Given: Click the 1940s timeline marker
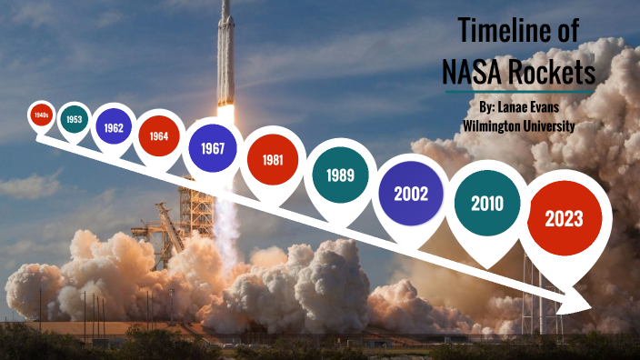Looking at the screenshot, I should tap(40, 115).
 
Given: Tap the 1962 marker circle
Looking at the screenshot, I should tap(114, 127).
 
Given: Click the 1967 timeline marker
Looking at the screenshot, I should tap(213, 147).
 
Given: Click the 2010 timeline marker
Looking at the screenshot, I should tap(486, 204).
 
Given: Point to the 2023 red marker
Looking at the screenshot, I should tap(563, 218).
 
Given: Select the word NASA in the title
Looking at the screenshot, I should tap(472, 70).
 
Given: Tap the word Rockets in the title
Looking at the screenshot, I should tap(551, 70).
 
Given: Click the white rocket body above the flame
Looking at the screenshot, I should tap(225, 55).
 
